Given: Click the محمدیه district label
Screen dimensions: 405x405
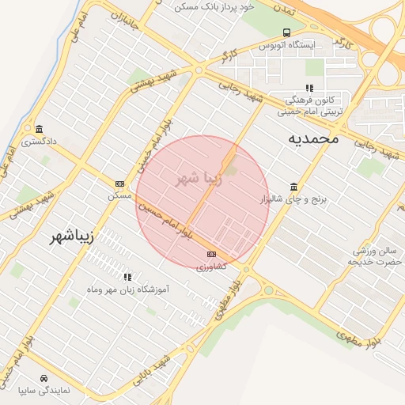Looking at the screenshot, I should click(x=312, y=138).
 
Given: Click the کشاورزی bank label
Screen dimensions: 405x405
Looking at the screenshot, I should click(x=211, y=267).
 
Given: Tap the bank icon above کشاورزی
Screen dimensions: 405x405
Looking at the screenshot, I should click(x=211, y=254).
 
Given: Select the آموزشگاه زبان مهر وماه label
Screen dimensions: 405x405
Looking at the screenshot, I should click(x=127, y=290).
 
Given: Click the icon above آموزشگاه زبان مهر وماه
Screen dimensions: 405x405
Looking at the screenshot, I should click(x=127, y=277).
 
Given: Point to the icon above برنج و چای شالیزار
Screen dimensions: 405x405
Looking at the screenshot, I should click(x=294, y=187).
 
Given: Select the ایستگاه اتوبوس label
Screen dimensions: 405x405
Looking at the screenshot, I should click(x=287, y=46).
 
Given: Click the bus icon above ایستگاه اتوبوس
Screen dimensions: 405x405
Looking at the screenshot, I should click(x=286, y=33).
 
